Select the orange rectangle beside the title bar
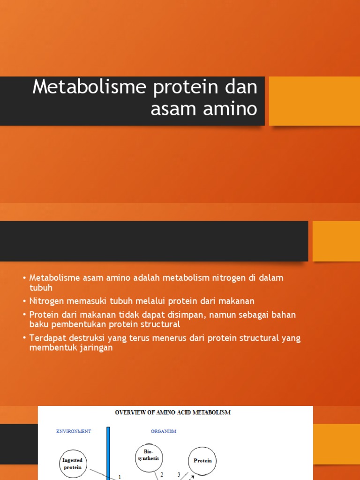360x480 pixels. click(314, 101)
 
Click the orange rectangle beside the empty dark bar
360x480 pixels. click(336, 241)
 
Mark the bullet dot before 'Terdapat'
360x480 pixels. click(24, 338)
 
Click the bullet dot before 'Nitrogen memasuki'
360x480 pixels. click(24, 301)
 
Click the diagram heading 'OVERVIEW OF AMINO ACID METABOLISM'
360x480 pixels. click(173, 412)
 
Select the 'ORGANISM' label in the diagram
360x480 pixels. click(164, 431)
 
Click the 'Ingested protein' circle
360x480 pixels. click(73, 463)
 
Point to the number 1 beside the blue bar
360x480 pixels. click(120, 477)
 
